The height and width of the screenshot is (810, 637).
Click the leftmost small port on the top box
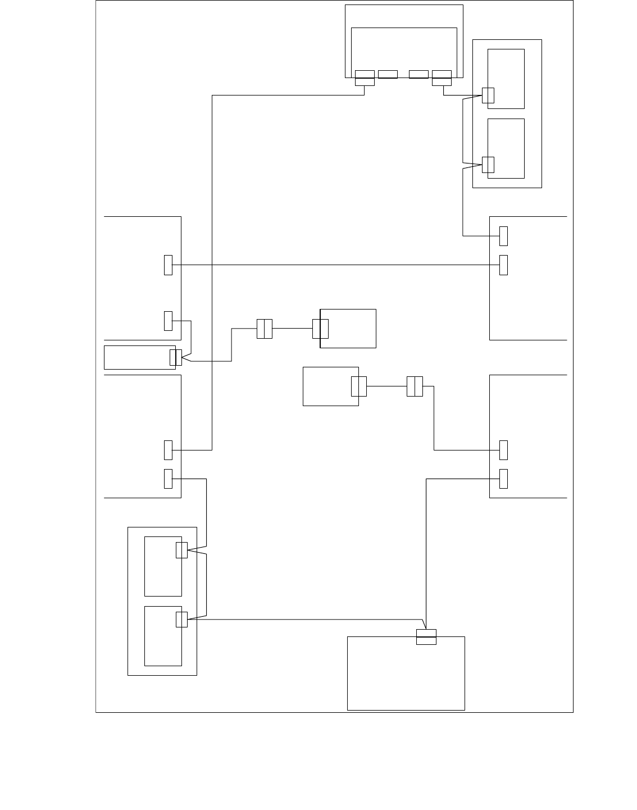pos(365,78)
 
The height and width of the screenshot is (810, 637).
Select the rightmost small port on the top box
pos(442,78)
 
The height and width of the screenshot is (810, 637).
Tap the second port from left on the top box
pos(388,74)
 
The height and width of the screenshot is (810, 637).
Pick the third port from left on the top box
pos(418,74)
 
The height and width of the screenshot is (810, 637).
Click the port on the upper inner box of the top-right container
pos(488,95)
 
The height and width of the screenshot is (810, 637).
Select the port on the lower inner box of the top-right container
pos(488,165)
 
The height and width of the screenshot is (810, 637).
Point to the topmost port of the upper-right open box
pos(503,236)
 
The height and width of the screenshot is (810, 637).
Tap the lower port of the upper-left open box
pos(168,320)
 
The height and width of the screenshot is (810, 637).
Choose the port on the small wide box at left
pos(176,357)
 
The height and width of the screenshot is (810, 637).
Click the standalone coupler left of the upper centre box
pos(265,329)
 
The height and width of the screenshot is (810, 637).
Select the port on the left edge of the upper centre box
pos(320,329)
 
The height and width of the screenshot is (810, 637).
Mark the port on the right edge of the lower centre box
pos(358,386)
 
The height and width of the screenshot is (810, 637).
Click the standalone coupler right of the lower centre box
pos(415,386)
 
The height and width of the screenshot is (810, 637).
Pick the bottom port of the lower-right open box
pos(503,479)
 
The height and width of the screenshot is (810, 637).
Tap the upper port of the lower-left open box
pos(168,450)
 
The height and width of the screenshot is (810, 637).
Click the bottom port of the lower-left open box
pos(168,479)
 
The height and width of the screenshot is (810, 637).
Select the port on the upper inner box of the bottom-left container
pos(181,550)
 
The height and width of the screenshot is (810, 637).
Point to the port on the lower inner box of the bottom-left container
pos(181,619)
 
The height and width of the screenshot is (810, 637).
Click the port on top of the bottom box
pos(426,637)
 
